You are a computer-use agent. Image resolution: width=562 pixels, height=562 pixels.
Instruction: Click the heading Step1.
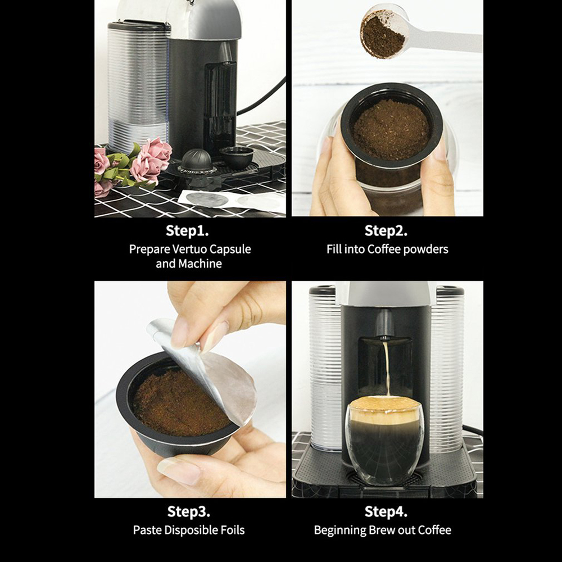point(190,230)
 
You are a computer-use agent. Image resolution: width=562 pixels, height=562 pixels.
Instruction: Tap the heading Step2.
point(386,230)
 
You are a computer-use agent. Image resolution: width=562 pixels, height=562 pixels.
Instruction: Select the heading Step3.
point(189,511)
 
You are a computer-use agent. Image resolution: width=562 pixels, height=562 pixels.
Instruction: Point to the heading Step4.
point(386,511)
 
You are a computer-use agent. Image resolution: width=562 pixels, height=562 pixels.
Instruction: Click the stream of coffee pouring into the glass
point(386,368)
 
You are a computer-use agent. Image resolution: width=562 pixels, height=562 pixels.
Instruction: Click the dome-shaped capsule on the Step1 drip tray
point(196,161)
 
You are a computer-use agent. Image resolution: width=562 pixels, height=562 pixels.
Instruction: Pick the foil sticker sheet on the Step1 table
point(230,200)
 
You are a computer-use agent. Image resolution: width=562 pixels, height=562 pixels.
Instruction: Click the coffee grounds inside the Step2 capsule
point(391,129)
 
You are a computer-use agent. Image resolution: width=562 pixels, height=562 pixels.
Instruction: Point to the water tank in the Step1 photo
point(138,84)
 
